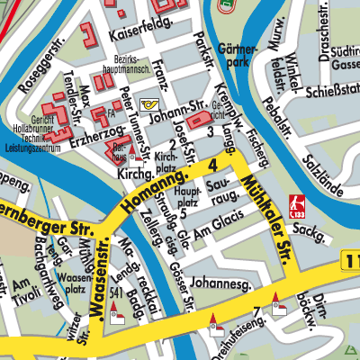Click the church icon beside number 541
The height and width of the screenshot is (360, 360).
click(115, 316)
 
